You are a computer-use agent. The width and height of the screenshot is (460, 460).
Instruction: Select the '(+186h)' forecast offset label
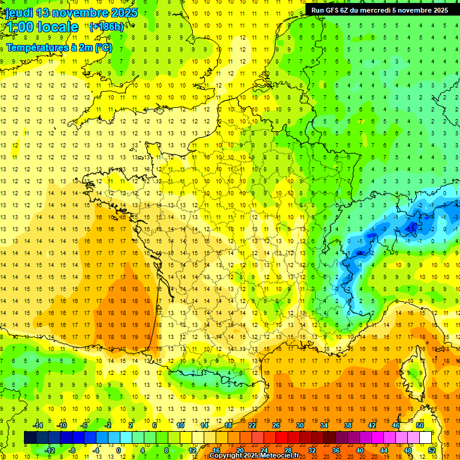pos(107,27)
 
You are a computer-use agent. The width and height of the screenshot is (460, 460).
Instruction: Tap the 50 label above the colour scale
pos(419,425)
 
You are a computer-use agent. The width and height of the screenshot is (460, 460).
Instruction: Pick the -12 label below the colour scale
pos(50,450)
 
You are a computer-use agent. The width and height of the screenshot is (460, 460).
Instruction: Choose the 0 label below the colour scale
pos(119,450)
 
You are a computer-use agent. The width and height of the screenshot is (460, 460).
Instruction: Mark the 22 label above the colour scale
pos(252,425)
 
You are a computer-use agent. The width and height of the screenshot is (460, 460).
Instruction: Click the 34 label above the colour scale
pos(323,425)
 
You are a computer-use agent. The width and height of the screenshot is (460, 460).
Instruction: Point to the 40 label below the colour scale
pos(360,450)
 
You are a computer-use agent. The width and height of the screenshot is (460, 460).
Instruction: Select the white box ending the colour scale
pos(426,438)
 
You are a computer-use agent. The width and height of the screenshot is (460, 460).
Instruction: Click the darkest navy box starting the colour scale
pos(30,438)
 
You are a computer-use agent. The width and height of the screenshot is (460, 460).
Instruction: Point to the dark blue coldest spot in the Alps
pos(412,227)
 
